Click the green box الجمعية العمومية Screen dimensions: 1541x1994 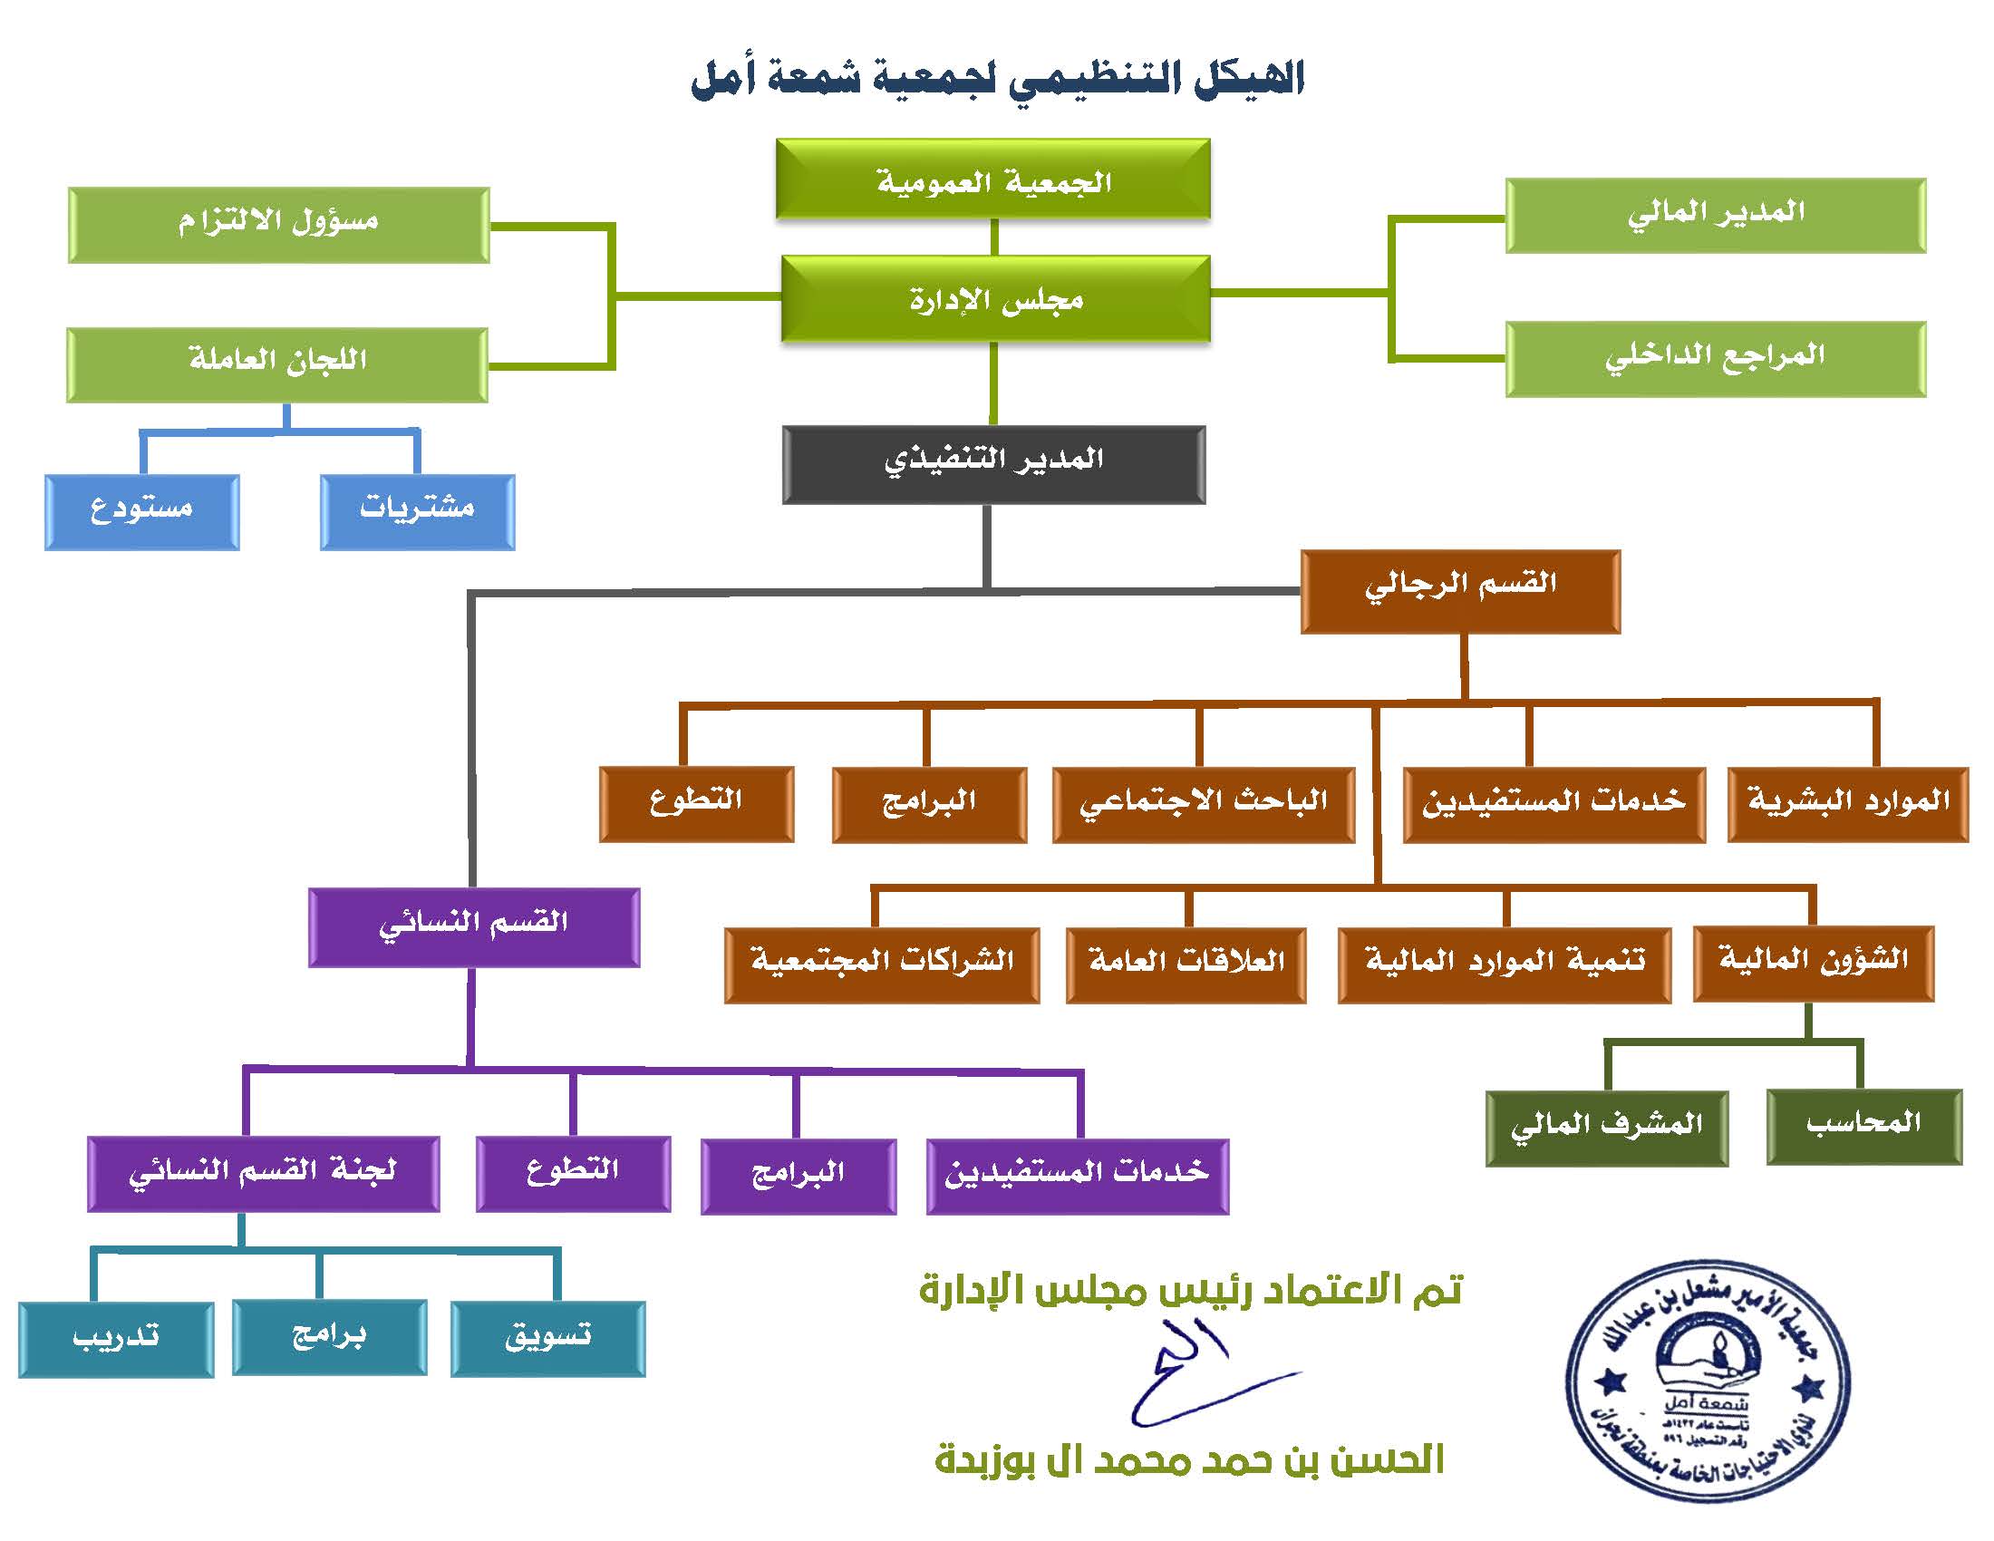coord(993,179)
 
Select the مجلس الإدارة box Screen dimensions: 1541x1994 coord(995,298)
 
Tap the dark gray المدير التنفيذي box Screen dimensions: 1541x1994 coord(993,464)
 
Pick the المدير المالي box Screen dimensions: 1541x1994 coord(1715,216)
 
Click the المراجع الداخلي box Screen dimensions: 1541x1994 coord(1715,358)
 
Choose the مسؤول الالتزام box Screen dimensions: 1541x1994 coord(278,225)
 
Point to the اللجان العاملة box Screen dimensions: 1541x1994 coord(276,364)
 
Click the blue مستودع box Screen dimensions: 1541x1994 coord(141,511)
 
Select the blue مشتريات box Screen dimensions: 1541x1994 coord(417,511)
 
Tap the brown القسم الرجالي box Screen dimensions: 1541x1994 coord(1460,591)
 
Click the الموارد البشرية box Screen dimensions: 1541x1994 coord(1847,803)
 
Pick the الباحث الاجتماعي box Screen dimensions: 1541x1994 coord(1203,803)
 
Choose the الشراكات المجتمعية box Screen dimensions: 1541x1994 coord(881,964)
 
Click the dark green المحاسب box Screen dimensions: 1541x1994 coord(1863,1126)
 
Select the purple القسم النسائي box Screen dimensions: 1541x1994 coord(473,926)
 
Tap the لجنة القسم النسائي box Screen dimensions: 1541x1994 coord(263,1173)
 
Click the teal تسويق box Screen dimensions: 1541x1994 coord(547,1337)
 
